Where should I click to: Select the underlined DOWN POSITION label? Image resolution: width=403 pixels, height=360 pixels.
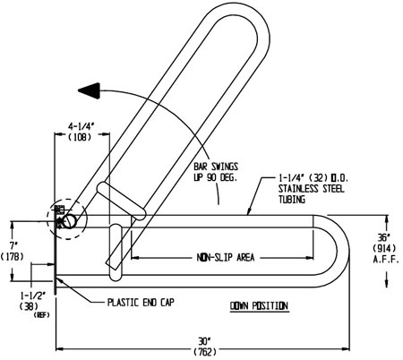tap(258, 306)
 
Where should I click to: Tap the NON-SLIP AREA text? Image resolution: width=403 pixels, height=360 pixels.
tap(225, 257)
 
